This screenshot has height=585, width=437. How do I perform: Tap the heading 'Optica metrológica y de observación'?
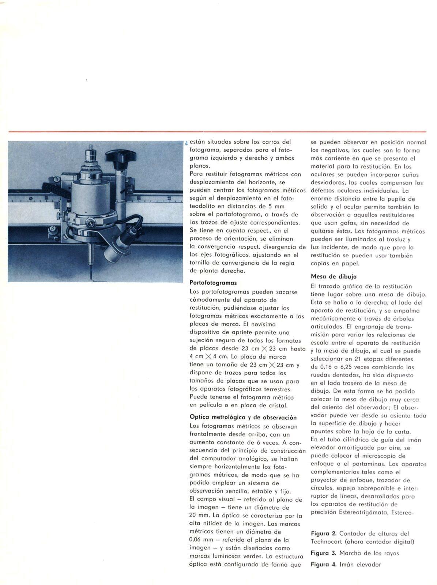(x=243, y=417)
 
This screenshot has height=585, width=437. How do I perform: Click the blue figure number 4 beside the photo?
(x=187, y=143)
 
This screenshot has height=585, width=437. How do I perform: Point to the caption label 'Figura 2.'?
(x=323, y=533)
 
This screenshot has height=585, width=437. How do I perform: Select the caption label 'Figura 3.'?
(x=323, y=553)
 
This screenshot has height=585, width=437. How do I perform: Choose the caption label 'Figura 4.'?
(x=323, y=565)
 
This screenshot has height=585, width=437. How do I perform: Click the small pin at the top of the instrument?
(x=90, y=147)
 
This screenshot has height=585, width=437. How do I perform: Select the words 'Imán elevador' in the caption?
(x=360, y=565)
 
